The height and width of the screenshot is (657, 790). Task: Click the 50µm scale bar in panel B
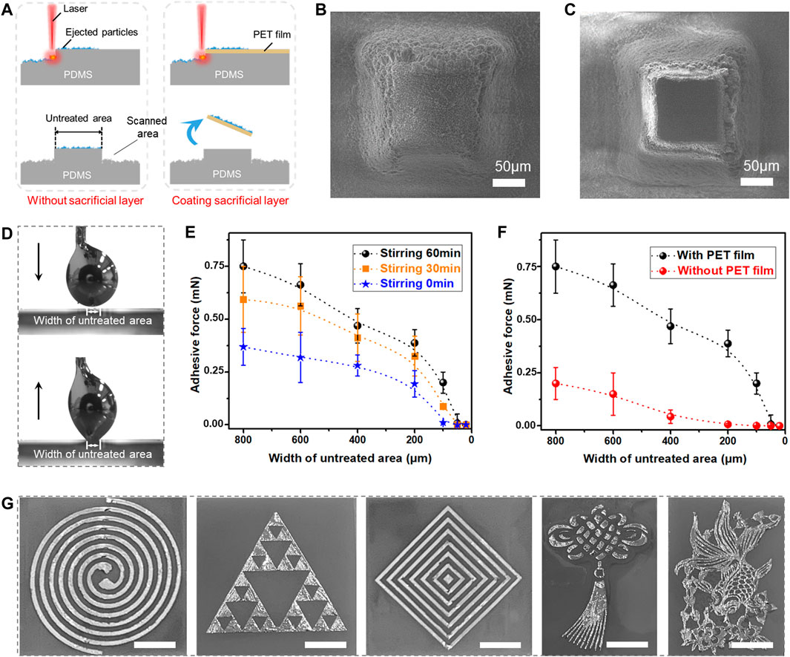[x=507, y=182]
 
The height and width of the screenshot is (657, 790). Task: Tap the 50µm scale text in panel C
[x=757, y=164]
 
